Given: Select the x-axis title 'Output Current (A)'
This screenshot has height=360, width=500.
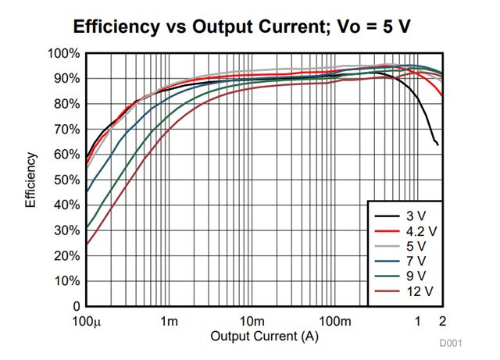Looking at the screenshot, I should point(264,336).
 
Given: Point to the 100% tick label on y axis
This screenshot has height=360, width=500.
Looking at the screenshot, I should point(63,54).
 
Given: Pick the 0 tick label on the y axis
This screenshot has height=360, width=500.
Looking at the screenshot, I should point(76,307).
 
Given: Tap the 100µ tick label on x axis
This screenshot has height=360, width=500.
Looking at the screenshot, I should point(86,321).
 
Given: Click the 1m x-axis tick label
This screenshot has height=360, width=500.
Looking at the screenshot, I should point(170,321).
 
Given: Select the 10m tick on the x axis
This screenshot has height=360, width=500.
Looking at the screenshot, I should point(252,321).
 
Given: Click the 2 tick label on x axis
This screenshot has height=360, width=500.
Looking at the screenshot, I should point(442,321).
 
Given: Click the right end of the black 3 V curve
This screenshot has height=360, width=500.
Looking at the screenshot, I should point(437,144).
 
